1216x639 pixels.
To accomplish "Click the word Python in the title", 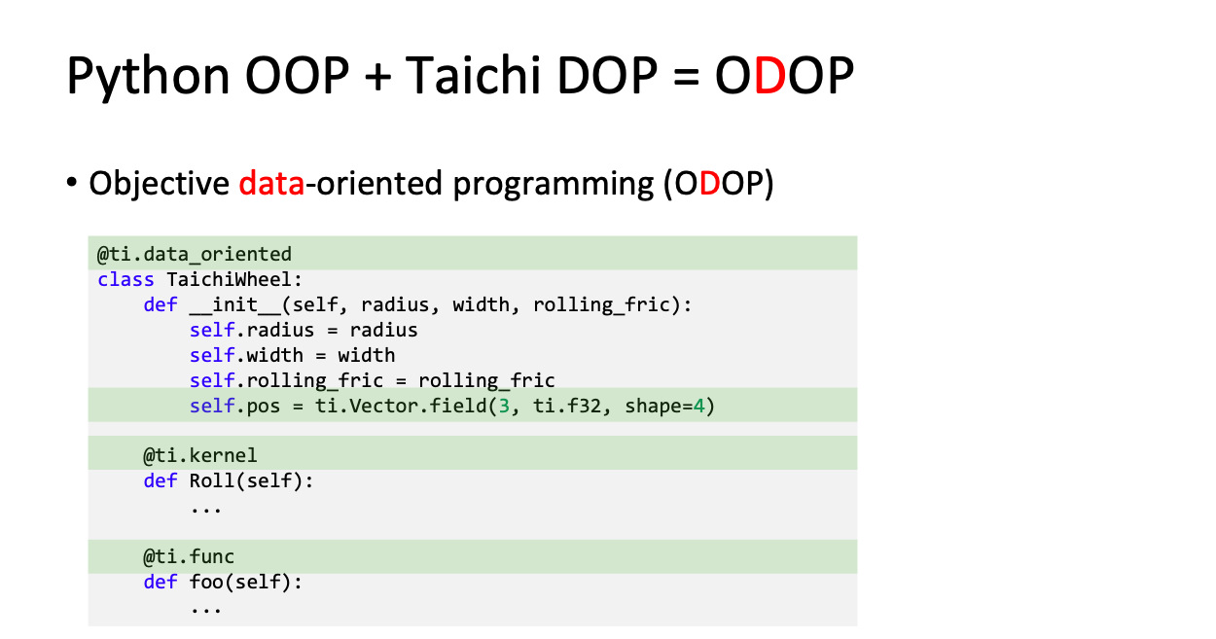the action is tap(148, 77).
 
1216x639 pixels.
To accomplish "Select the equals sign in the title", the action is tap(686, 77).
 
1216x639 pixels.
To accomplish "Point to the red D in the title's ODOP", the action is tap(769, 76).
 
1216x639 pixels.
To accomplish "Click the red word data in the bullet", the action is tap(271, 183).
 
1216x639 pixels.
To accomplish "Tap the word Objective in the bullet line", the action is tap(160, 184).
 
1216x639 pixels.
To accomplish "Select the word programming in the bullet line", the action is tap(554, 185).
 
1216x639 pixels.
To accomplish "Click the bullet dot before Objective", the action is tap(72, 182).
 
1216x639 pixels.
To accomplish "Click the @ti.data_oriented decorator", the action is tap(195, 254).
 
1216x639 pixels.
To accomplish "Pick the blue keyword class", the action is tap(125, 279).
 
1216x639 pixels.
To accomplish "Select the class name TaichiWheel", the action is tap(229, 279).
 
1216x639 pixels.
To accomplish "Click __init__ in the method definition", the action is tap(235, 305).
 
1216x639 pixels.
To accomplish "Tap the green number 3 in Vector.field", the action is tap(504, 407).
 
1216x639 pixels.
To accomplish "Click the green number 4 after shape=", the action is tap(698, 407).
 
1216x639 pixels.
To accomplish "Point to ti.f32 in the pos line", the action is tap(567, 407).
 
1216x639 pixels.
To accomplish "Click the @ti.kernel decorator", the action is tap(199, 455).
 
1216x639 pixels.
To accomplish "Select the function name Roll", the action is tap(211, 480).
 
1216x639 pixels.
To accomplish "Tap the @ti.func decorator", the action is tap(189, 556).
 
